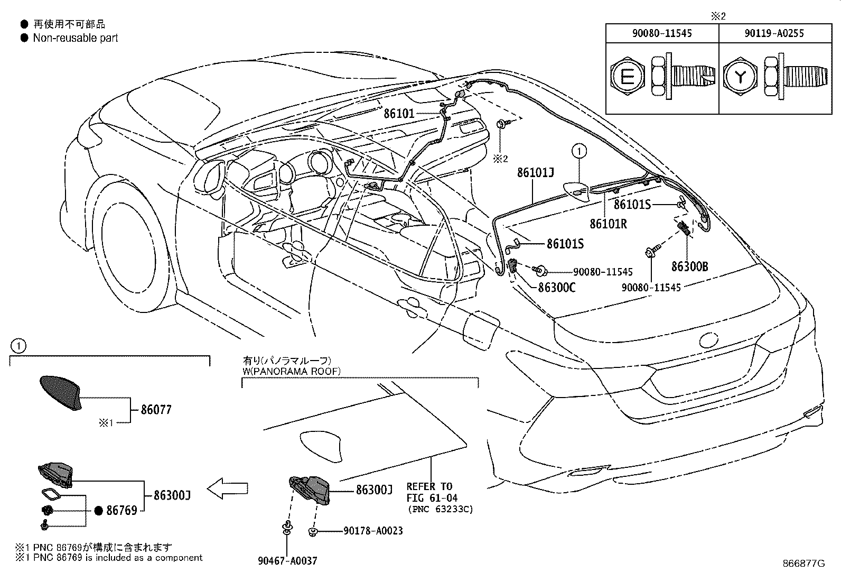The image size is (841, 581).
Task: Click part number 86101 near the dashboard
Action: [399, 113]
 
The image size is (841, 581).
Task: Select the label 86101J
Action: [535, 173]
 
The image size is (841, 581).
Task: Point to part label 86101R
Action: [608, 224]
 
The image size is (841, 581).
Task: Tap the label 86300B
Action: [689, 266]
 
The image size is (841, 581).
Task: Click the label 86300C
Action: [557, 288]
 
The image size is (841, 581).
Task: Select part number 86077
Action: [156, 410]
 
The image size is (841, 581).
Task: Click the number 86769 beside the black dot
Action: [122, 510]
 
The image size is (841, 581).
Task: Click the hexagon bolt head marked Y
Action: [741, 78]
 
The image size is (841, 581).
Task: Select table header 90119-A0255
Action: [774, 33]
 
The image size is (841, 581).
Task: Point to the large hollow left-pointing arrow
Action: [227, 489]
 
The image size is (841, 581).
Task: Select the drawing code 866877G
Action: [803, 563]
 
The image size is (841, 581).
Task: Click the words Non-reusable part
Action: [76, 38]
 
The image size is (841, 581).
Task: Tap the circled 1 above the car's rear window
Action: [580, 152]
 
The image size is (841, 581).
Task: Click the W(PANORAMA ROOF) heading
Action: [292, 371]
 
